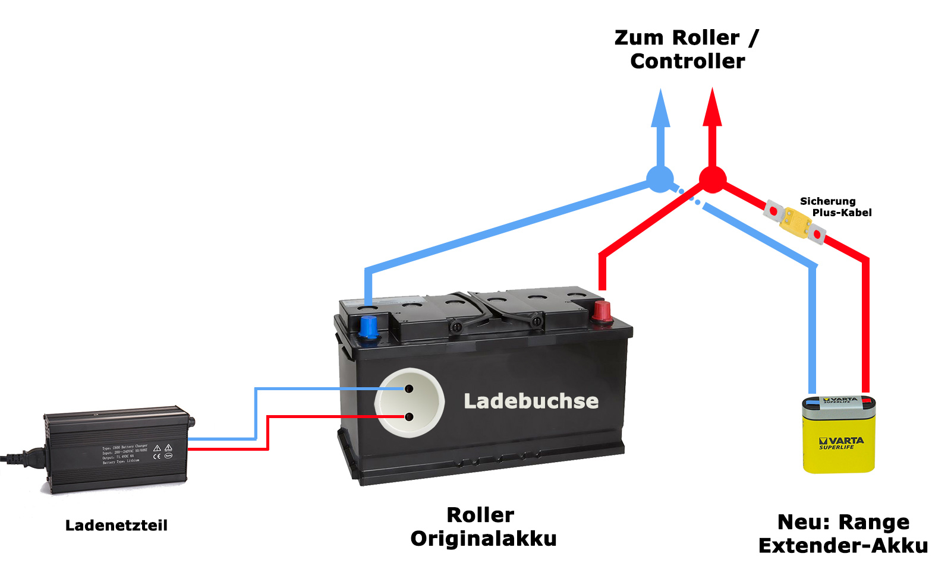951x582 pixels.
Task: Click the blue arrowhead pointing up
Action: [660, 110]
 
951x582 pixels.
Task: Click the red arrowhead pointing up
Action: [712, 109]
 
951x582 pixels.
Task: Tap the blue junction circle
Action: [660, 179]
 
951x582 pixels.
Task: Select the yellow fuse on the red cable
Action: [795, 223]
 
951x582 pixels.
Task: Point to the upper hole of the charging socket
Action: [409, 389]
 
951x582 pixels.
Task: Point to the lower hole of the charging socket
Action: [409, 417]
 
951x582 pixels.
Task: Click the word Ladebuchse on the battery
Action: [531, 401]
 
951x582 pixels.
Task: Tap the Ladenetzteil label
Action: [116, 526]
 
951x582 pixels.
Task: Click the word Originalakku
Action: [483, 539]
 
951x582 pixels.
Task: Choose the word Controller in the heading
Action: [687, 61]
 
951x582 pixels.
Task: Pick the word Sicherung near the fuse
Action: [827, 201]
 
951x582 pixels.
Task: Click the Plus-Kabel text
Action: [842, 213]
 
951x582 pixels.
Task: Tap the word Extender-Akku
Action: [843, 546]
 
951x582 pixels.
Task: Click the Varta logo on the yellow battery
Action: [841, 441]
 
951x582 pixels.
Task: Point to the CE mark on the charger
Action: [157, 456]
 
